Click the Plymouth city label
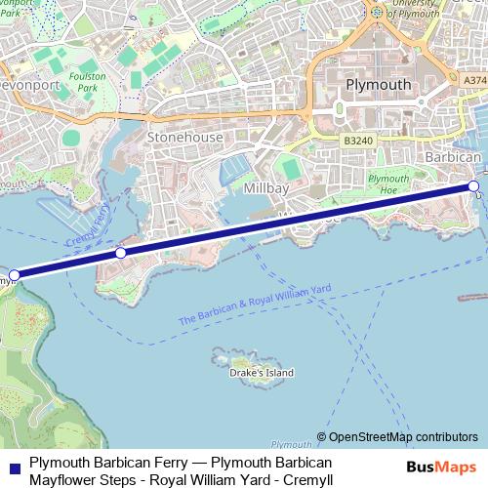(379, 85)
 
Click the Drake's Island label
(261, 373)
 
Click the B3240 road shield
(359, 141)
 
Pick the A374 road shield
(474, 80)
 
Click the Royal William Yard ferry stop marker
(121, 253)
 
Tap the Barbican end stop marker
(473, 185)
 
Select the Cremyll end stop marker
(14, 275)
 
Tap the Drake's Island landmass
(240, 357)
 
